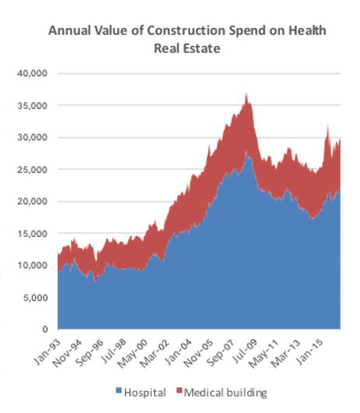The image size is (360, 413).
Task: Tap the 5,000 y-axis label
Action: (36, 297)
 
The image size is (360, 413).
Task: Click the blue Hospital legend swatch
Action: (118, 391)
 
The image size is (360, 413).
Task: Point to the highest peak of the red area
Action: (247, 94)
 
